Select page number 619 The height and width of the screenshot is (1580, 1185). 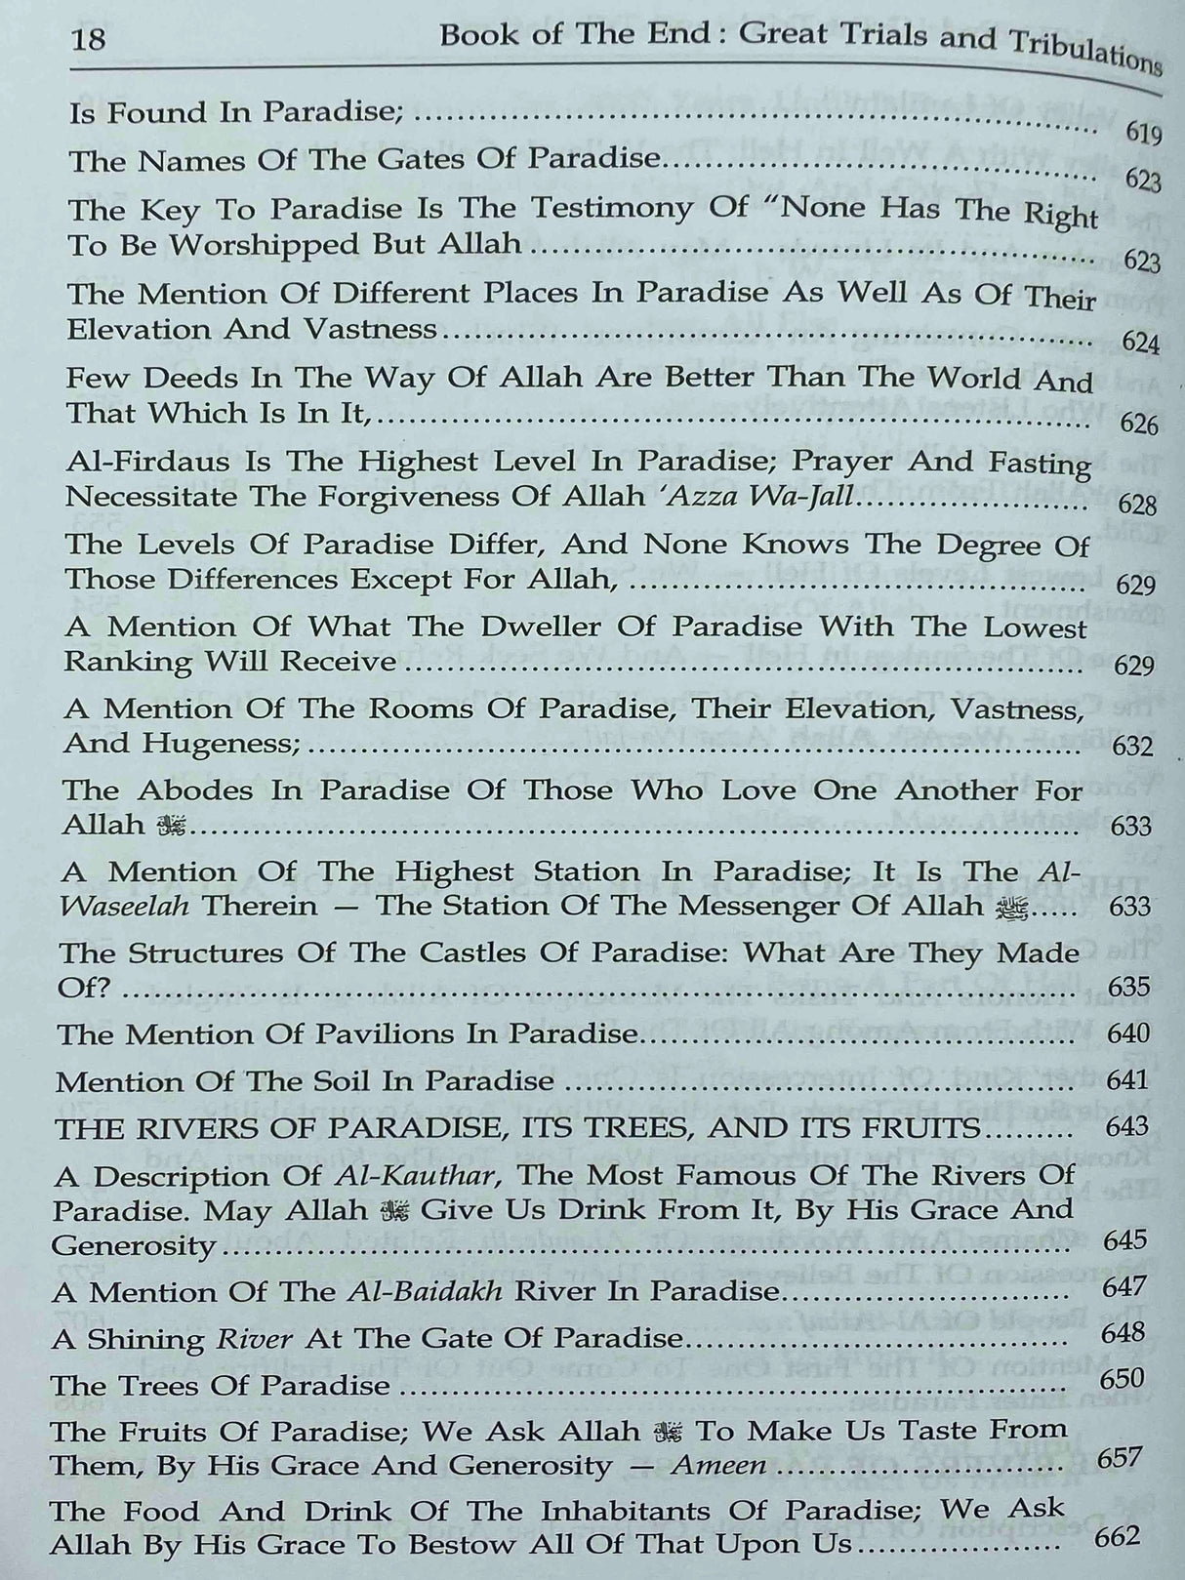[x=1142, y=133]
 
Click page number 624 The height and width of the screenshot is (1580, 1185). [x=1140, y=343]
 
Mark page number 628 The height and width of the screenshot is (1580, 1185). [x=1138, y=505]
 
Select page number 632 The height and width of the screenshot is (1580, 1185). [x=1132, y=747]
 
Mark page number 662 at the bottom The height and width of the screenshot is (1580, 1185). [x=1117, y=1537]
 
